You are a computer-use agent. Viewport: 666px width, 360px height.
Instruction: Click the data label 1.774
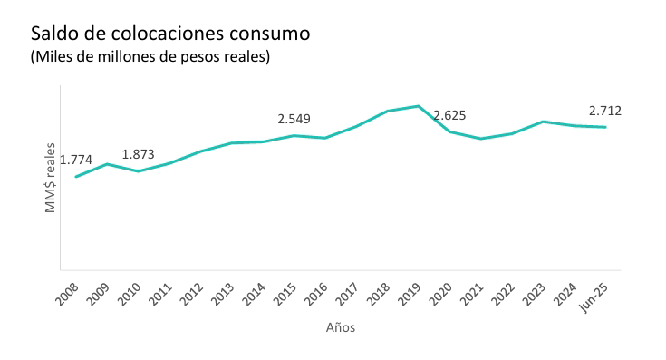click(x=76, y=161)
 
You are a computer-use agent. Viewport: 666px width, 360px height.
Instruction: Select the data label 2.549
click(x=294, y=119)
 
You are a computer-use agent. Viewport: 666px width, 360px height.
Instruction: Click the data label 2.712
click(x=604, y=111)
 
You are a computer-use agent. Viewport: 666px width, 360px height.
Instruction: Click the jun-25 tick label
click(x=596, y=295)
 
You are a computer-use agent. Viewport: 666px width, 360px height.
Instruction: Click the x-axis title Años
click(x=341, y=328)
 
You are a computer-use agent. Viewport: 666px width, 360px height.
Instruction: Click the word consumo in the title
click(x=269, y=34)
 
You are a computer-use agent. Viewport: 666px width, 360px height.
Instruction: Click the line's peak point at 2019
click(x=418, y=106)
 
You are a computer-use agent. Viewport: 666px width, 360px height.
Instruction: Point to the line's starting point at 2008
click(x=76, y=177)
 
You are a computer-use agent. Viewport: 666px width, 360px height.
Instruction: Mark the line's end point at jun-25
click(x=605, y=127)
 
